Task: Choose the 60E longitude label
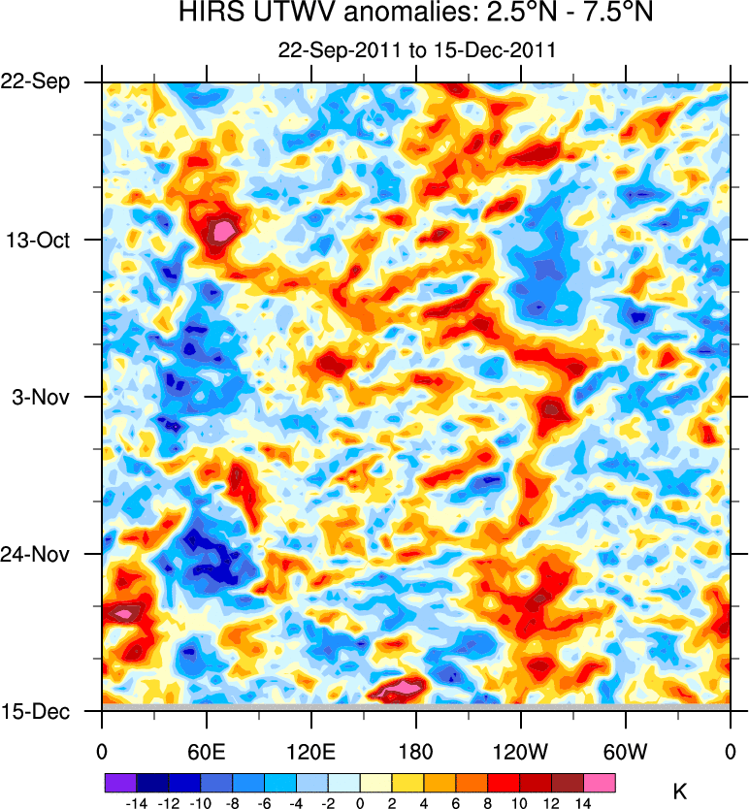[206, 751]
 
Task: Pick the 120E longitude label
[310, 751]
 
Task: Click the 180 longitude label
[415, 751]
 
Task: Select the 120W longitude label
[520, 751]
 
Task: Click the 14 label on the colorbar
[584, 803]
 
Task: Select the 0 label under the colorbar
[360, 803]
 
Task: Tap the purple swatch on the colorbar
[120, 781]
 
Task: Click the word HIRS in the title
[208, 15]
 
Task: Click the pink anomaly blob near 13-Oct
[224, 231]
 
